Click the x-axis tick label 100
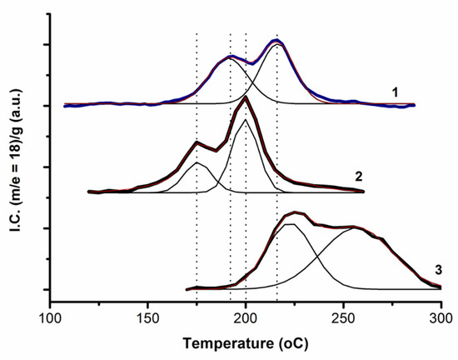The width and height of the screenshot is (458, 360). (x=50, y=317)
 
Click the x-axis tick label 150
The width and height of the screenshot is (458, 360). (x=147, y=317)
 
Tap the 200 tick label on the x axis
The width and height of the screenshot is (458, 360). (x=246, y=317)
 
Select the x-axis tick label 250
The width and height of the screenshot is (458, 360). (x=343, y=317)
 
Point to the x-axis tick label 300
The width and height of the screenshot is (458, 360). (x=441, y=317)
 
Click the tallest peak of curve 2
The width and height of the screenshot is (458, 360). (x=245, y=99)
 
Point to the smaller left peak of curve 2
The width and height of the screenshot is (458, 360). (x=197, y=142)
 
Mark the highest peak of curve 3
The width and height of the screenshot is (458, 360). (x=296, y=212)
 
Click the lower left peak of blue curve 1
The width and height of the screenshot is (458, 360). (x=231, y=57)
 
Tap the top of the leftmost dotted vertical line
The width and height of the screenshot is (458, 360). (x=196, y=33)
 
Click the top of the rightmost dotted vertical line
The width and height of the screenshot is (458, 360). (x=276, y=33)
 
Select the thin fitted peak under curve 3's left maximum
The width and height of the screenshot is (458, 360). (x=288, y=224)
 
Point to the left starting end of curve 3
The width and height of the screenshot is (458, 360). (x=187, y=289)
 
